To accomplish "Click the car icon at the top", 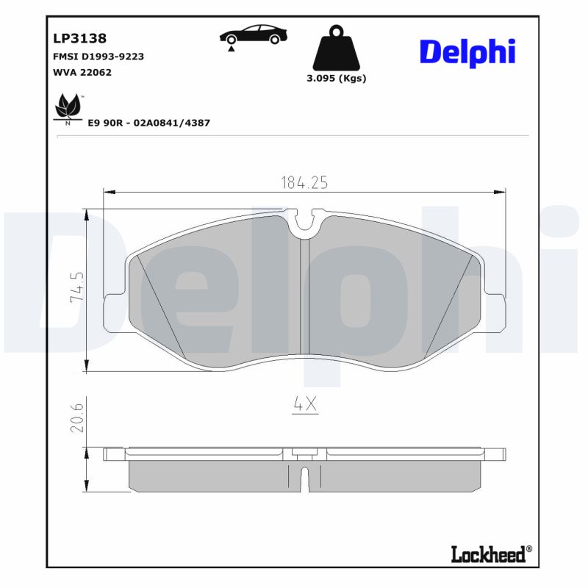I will coord(254,36).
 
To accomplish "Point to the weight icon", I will coord(336,48).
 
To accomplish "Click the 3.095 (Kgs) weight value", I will coord(336,78).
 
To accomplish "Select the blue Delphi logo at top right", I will coord(467,51).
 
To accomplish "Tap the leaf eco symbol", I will coord(68,107).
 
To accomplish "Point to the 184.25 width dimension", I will coord(304,182).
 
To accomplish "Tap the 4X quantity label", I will coord(304,404).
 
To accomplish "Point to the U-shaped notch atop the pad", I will coord(304,223).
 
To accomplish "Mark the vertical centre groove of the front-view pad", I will coord(304,294).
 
